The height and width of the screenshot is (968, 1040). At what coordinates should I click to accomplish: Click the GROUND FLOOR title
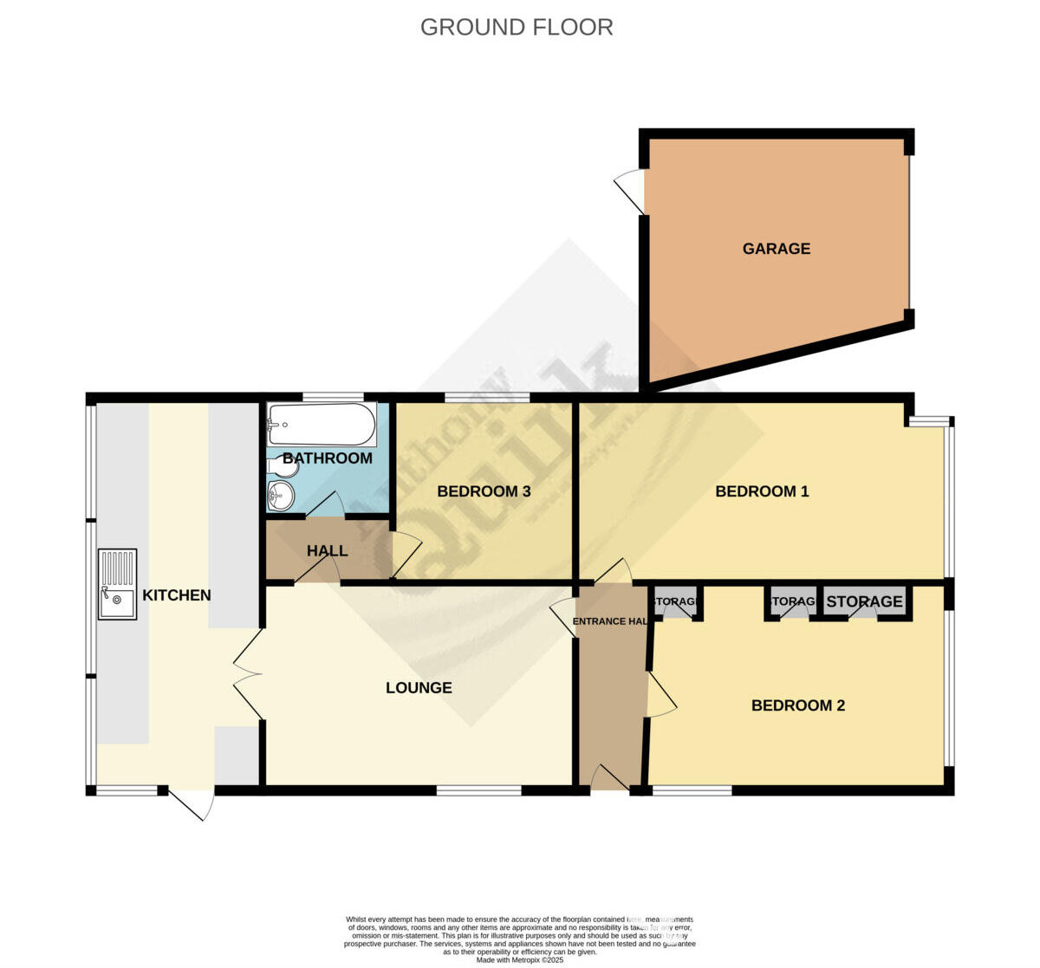pos(517,28)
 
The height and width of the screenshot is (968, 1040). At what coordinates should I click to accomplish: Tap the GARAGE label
pos(776,249)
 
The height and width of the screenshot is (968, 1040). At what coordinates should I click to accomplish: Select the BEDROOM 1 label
pos(762,491)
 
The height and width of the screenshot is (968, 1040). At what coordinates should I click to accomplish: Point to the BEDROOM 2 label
pos(797,705)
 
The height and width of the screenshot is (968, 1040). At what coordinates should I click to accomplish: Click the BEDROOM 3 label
pos(484,491)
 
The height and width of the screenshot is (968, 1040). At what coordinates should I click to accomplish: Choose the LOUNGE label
pos(419,688)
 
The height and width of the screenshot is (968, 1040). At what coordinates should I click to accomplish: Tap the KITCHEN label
pos(177,595)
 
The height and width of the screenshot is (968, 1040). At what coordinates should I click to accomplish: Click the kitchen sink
pos(117,584)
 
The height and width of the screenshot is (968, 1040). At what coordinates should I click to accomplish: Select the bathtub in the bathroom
pos(316,425)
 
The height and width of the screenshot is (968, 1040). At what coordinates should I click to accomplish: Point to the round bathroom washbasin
pos(281,497)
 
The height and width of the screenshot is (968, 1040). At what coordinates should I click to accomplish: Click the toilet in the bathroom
pos(283,468)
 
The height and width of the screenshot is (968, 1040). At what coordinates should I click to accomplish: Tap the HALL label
pos(327,551)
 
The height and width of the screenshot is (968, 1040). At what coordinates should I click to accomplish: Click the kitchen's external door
pos(191,803)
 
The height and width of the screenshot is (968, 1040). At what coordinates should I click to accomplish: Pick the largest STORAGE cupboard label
pos(864,601)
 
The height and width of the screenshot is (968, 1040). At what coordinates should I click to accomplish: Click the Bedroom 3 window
pos(487,398)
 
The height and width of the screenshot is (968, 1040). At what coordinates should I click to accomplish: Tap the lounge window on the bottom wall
pos(478,790)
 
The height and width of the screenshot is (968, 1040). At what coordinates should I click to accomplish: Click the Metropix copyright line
pos(519,959)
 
